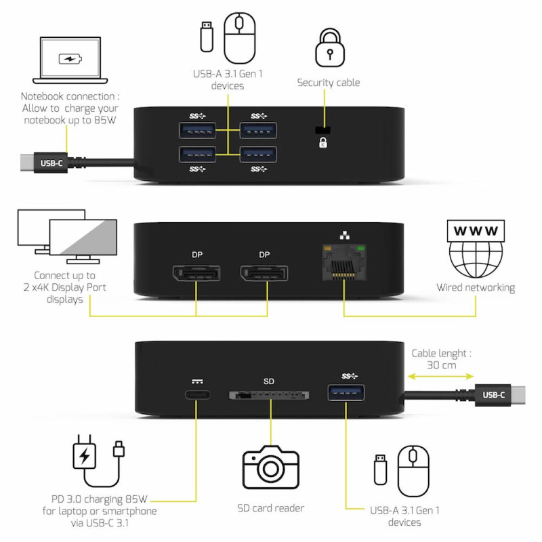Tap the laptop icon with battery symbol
click(70, 60)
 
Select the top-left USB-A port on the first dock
click(197, 129)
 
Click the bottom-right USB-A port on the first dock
click(257, 154)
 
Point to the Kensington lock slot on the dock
click(323, 130)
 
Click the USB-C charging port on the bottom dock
click(197, 395)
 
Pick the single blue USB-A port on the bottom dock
click(347, 394)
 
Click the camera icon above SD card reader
click(270, 467)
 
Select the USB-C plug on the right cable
click(498, 394)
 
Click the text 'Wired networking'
click(475, 288)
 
